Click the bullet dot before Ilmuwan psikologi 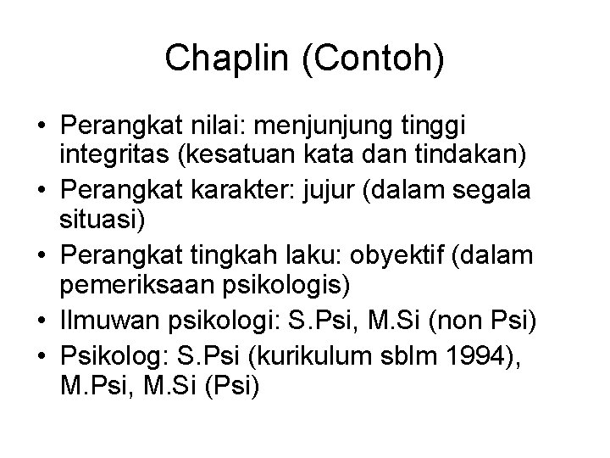42,316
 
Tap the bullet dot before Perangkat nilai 42,126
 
